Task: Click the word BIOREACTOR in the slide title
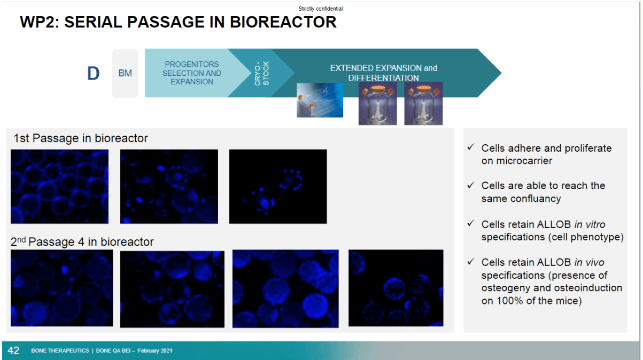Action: click(x=283, y=22)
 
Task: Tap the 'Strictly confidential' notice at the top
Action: click(x=321, y=9)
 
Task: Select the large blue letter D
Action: click(x=94, y=73)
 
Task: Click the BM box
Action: click(x=125, y=73)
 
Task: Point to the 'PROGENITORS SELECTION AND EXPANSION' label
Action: click(x=192, y=73)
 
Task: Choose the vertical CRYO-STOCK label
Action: click(x=261, y=73)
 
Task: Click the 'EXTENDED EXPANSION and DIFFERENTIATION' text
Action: click(x=384, y=73)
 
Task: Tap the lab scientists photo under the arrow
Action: click(x=320, y=100)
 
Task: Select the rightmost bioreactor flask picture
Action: click(x=423, y=103)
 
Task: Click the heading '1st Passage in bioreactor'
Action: click(x=81, y=138)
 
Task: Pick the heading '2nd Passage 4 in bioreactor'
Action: click(x=82, y=242)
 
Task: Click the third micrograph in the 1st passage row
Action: click(x=278, y=186)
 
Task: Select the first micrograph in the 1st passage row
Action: click(x=60, y=186)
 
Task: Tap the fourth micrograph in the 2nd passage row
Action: click(x=396, y=288)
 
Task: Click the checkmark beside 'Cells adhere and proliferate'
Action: click(x=470, y=147)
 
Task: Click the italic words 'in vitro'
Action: click(x=590, y=224)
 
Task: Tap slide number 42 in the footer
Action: click(x=13, y=350)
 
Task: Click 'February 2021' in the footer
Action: click(x=155, y=350)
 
